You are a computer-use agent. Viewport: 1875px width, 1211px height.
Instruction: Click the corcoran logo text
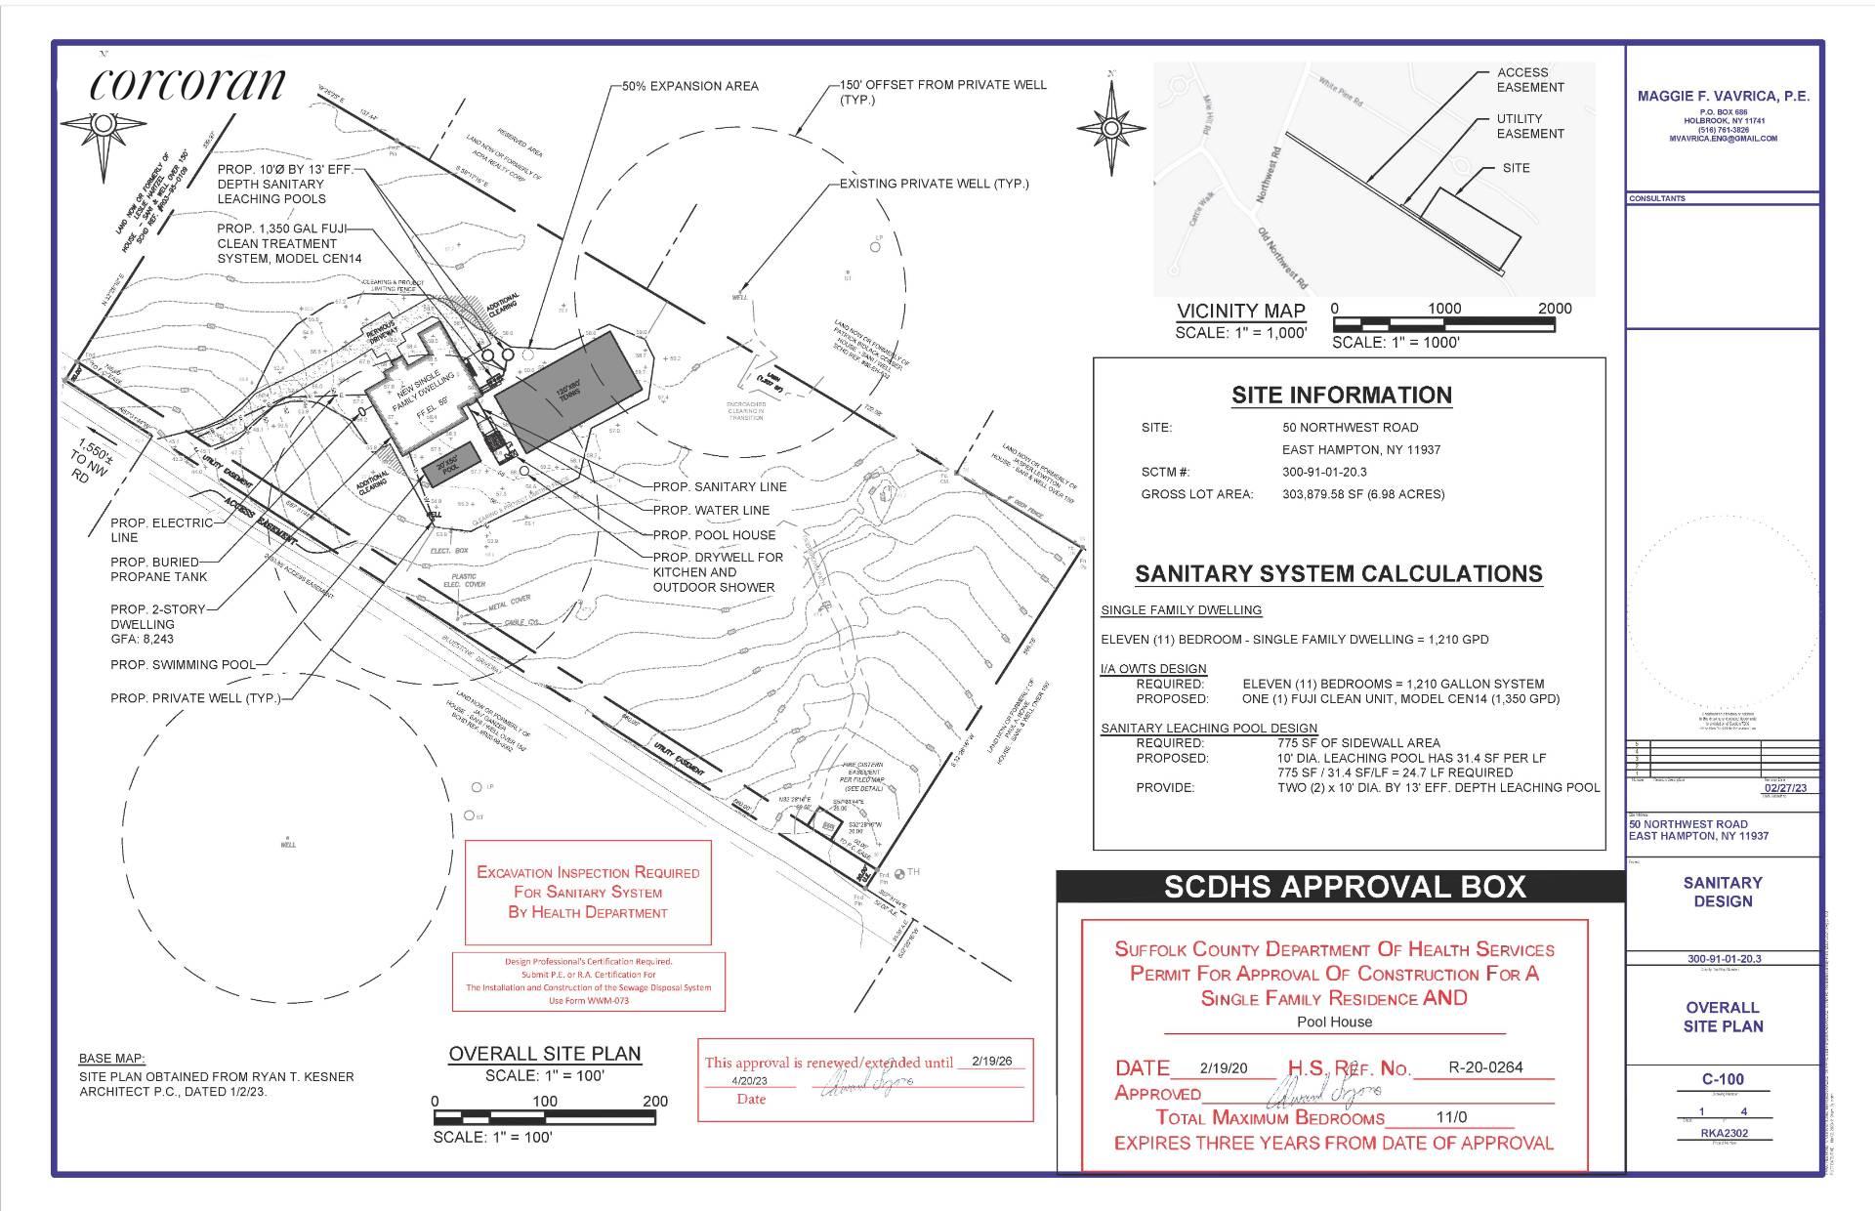(x=187, y=85)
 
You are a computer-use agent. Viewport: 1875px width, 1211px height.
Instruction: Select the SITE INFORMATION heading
(x=1341, y=396)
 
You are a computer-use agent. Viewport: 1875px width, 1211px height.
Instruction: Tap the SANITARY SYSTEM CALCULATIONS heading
(x=1339, y=574)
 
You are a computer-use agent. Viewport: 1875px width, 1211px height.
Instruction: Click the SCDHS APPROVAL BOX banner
(x=1344, y=887)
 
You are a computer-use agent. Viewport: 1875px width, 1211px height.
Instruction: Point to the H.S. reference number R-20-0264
(x=1485, y=1068)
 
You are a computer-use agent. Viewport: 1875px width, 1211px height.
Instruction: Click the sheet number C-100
(x=1723, y=1079)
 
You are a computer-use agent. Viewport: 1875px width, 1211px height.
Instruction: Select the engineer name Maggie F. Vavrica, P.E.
(x=1723, y=97)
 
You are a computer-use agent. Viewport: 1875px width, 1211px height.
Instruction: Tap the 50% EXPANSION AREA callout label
(x=690, y=86)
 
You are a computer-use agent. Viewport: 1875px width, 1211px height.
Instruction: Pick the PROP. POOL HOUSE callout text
(x=714, y=535)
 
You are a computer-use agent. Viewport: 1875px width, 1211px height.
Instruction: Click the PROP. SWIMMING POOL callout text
(x=183, y=665)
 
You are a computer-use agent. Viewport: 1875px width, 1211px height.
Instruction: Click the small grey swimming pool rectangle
(x=450, y=464)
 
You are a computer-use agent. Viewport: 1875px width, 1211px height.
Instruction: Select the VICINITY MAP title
(x=1240, y=312)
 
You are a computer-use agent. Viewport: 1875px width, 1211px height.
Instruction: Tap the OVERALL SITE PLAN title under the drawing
(x=545, y=1054)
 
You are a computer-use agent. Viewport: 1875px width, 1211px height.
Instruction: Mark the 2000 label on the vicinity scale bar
(x=1555, y=309)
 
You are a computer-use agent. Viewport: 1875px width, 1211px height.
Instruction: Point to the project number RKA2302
(x=1723, y=1134)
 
